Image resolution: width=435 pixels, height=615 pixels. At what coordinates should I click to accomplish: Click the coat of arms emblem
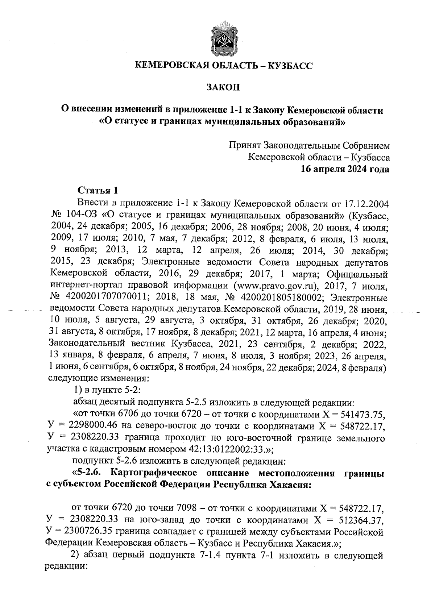click(223, 39)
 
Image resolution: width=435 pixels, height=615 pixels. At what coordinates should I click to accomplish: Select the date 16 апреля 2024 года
click(343, 169)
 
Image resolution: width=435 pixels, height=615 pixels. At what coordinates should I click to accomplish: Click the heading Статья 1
click(98, 190)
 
